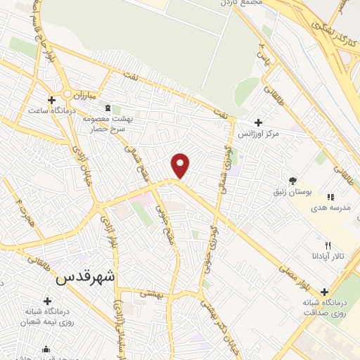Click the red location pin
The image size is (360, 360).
(x=181, y=165)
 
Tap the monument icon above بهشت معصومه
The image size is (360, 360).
(x=107, y=108)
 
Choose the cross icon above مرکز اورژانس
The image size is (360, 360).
(x=259, y=122)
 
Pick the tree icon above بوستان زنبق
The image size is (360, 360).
(x=292, y=180)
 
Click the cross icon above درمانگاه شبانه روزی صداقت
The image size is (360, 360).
(x=324, y=292)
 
